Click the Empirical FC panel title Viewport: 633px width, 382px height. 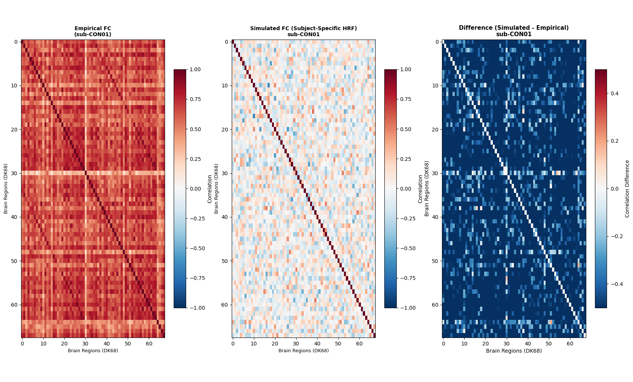coord(93,31)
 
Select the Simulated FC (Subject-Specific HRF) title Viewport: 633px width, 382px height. coord(303,31)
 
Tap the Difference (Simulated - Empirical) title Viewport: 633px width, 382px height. coord(514,31)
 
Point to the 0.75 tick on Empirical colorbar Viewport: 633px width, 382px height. coord(195,99)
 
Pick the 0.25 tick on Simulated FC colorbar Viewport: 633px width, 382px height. coord(406,159)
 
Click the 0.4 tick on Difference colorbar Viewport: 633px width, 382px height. coord(614,93)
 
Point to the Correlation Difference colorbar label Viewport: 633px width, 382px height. coord(627,189)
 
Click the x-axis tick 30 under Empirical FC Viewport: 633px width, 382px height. coord(86,344)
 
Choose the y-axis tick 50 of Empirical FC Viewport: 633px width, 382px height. coord(14,261)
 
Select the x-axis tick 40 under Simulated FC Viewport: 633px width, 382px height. coord(317,344)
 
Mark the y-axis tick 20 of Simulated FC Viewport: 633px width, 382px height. coord(225,130)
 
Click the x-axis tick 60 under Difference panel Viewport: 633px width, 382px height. coord(570,344)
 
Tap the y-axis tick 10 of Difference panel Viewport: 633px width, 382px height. coord(435,86)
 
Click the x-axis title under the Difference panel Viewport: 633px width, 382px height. coord(514,351)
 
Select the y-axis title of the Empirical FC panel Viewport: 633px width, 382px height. coord(6,189)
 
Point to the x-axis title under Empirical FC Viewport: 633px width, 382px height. coord(93,351)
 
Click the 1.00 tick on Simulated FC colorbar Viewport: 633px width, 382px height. coord(406,69)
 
